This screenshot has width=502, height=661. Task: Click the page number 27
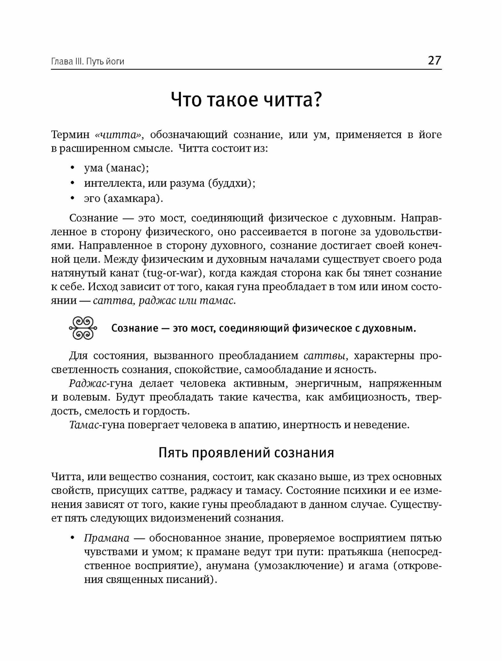click(x=434, y=60)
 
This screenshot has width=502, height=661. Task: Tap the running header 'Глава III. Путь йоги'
click(x=88, y=61)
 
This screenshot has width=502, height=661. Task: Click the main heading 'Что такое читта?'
click(x=246, y=100)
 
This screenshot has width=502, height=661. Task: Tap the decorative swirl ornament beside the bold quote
click(x=83, y=328)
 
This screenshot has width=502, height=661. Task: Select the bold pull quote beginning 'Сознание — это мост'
click(x=263, y=329)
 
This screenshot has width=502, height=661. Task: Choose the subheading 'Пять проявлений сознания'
click(x=246, y=453)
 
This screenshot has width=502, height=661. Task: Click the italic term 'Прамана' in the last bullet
click(x=106, y=538)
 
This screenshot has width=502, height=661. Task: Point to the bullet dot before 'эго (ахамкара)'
click(x=72, y=198)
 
